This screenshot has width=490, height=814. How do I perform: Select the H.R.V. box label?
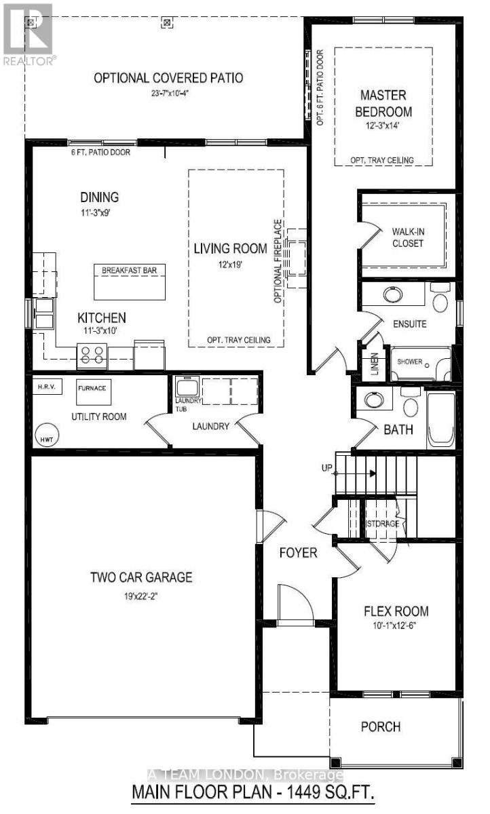tap(45, 387)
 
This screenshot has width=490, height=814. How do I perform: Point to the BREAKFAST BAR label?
tap(129, 270)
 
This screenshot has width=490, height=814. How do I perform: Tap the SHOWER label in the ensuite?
tap(410, 362)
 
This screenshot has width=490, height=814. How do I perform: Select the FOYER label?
tap(299, 553)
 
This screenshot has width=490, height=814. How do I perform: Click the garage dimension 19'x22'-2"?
tap(142, 596)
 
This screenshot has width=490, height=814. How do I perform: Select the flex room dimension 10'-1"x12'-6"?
tap(396, 626)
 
